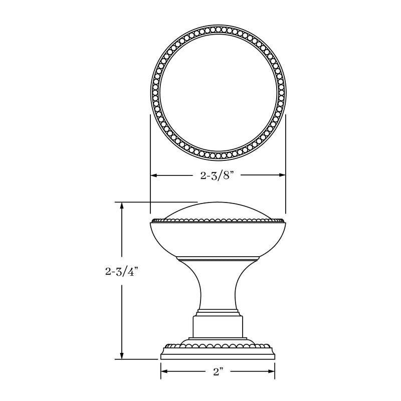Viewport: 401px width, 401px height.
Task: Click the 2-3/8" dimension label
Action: [218, 175]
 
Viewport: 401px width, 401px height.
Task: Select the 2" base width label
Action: [218, 372]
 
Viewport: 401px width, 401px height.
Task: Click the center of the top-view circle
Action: [218, 90]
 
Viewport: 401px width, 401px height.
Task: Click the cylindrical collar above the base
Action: [218, 326]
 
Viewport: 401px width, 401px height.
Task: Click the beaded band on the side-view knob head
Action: [218, 220]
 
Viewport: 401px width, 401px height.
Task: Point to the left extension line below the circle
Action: [150, 150]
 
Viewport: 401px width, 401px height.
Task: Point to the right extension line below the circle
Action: [286, 150]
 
